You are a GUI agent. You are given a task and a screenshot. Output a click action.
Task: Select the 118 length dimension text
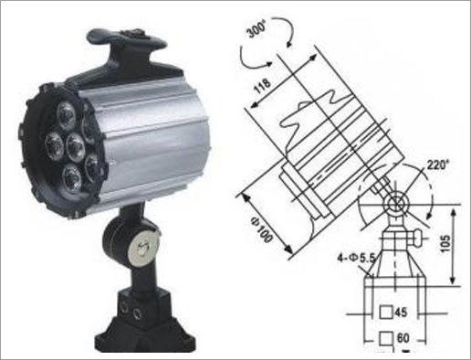(262, 86)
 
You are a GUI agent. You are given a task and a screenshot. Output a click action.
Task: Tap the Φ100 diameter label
(261, 228)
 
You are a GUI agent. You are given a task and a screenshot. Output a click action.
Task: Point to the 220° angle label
(438, 164)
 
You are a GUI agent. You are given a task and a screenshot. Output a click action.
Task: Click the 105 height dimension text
(445, 243)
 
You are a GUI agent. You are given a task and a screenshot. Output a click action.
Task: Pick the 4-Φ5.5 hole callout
(357, 259)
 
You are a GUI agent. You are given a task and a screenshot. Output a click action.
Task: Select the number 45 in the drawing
(401, 312)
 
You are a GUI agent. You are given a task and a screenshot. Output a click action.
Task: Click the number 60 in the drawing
(403, 338)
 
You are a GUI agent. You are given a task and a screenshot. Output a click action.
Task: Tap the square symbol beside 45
(386, 312)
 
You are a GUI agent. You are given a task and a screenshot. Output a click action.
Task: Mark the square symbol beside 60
(386, 338)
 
